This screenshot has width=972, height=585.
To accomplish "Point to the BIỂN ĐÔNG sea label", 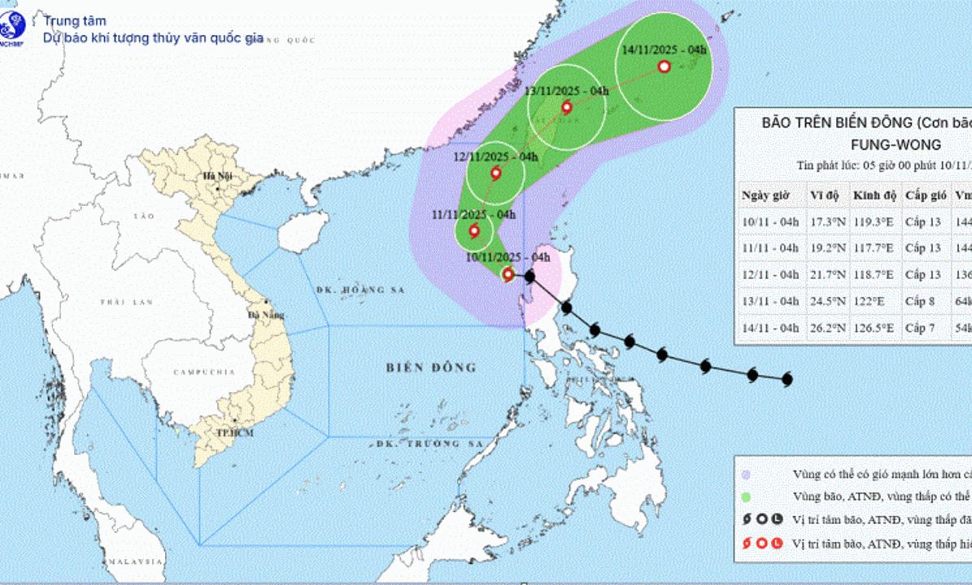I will click(x=431, y=368).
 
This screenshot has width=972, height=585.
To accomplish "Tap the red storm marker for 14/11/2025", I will click(x=663, y=67).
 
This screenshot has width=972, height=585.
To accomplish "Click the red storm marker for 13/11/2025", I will click(x=566, y=107).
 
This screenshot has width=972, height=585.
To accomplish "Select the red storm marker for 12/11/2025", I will click(x=495, y=172).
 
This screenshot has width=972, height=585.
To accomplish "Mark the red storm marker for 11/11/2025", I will click(x=474, y=231).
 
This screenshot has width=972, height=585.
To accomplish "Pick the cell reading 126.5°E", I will click(x=874, y=328).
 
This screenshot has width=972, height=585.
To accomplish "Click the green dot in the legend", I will click(x=746, y=495).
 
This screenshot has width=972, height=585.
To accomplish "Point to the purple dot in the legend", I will click(x=746, y=474).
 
